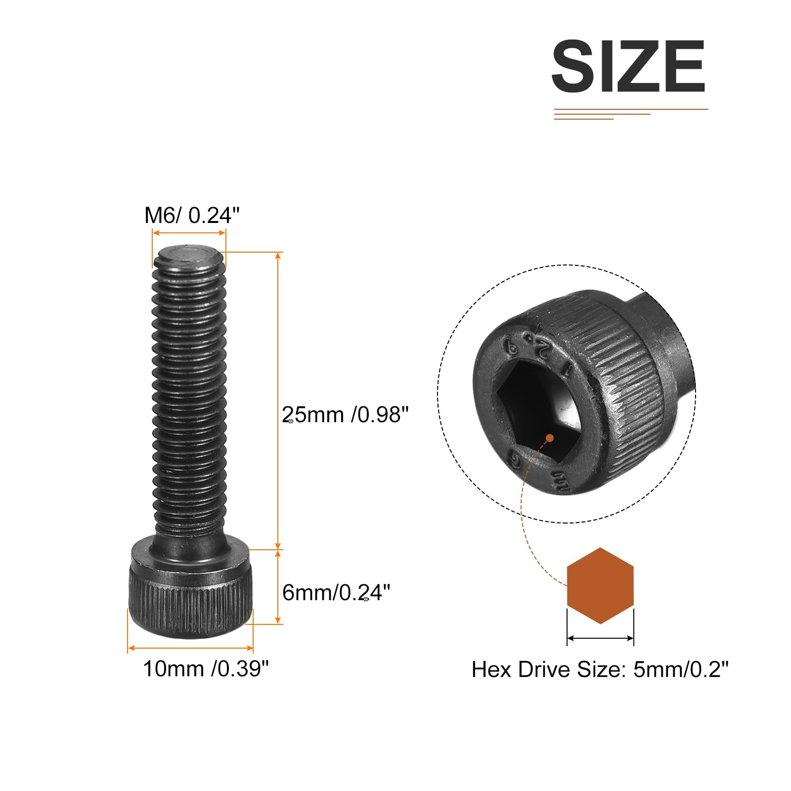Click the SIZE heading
coord(628,66)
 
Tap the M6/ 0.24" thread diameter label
coord(192,216)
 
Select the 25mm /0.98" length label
coord(346,415)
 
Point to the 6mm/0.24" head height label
coord(336,592)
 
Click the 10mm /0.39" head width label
coord(206,669)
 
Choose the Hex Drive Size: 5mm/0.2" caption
coord(600,669)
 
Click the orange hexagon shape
coord(600,585)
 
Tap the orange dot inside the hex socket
coord(549,438)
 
